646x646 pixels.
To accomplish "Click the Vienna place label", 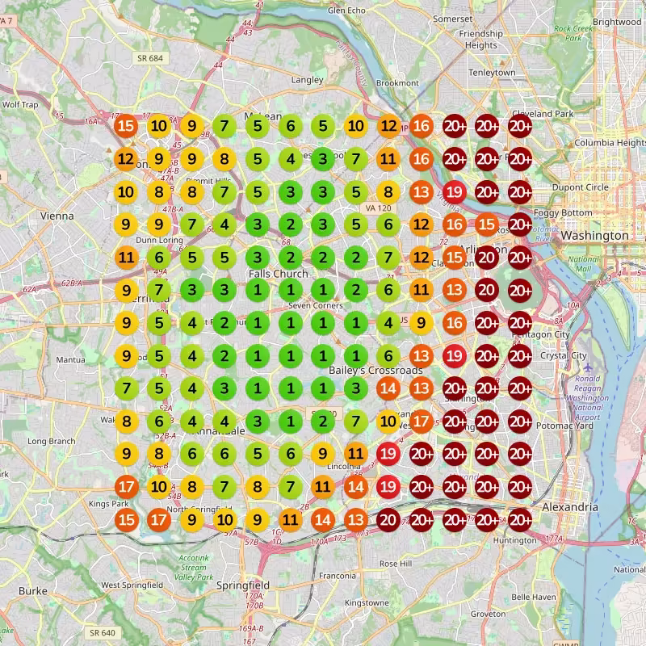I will coord(57,216).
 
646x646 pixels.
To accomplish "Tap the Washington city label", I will coord(595,235).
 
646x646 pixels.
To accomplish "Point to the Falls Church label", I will coord(278,274).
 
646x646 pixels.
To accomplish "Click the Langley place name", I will coord(307,80).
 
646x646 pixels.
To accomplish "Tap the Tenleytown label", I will coord(492,73).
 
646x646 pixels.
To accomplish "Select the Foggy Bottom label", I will coord(570,212).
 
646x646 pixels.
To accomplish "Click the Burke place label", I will coord(32,590).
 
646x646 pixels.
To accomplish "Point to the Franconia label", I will coord(337,576).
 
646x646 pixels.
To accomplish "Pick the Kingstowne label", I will coord(367,602).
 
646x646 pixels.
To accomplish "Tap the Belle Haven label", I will coord(533,597).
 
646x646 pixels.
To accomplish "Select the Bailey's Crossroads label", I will coord(375,371).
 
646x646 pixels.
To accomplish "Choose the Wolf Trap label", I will coord(20,105).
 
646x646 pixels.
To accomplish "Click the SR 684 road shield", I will coord(151,58).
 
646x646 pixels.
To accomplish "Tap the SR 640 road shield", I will coord(103,632).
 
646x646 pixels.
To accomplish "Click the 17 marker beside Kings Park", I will coord(125,486).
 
